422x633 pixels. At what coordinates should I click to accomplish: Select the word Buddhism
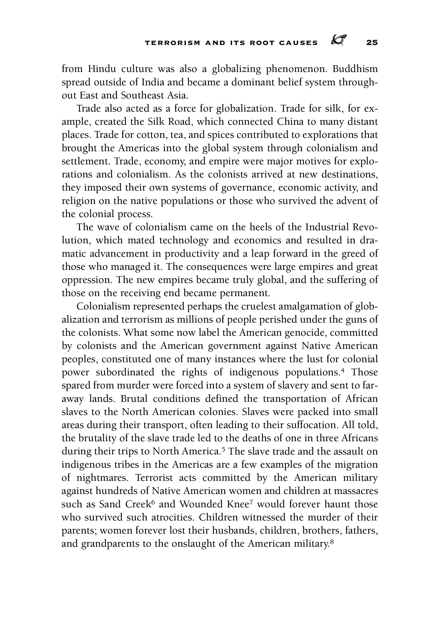(355, 69)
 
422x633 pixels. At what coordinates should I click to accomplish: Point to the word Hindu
(102, 69)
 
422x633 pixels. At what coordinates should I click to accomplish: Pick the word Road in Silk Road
(180, 122)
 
